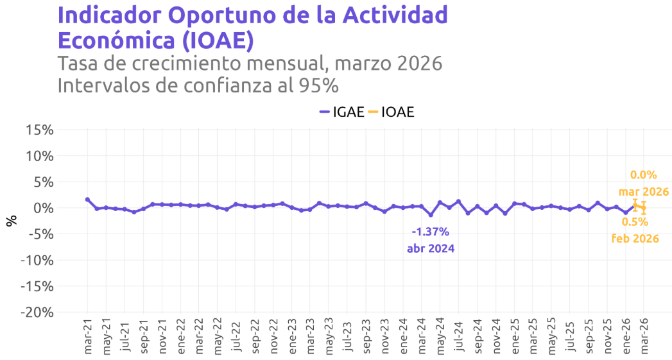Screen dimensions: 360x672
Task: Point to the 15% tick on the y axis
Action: coord(39,130)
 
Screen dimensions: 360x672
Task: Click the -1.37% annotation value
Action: coord(430,232)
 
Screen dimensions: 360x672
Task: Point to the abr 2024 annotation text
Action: coord(430,248)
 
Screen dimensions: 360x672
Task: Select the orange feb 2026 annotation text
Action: coord(634,238)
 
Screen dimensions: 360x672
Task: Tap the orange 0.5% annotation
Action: coord(634,222)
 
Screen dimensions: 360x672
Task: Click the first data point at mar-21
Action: coord(87,200)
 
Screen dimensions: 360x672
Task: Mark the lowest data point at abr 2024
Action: coord(431,214)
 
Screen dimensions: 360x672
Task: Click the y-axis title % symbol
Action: coord(11,221)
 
